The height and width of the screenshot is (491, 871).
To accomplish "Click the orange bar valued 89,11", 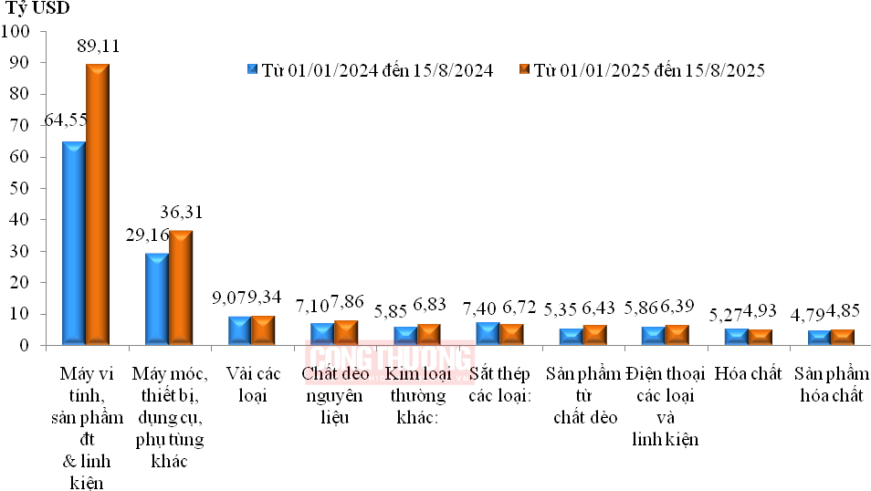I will [x=98, y=204].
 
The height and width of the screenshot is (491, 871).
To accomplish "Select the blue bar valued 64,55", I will [x=74, y=244].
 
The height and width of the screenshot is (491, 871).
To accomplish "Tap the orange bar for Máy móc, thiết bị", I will [x=181, y=288].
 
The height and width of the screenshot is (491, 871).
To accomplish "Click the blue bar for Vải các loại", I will [x=239, y=331].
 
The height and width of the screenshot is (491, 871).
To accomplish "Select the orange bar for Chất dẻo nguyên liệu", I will [x=346, y=333].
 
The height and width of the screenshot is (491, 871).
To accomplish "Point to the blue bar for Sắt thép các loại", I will [x=488, y=334].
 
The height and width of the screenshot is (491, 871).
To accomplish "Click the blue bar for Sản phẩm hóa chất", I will [x=819, y=338].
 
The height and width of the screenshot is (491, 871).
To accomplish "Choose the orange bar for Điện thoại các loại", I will [x=677, y=335].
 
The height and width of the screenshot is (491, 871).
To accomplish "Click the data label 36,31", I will [x=181, y=213].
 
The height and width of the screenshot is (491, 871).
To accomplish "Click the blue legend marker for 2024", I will [x=253, y=70].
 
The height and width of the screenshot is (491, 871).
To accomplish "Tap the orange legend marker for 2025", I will [x=524, y=70].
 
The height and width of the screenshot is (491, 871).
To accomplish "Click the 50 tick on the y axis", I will [x=20, y=189].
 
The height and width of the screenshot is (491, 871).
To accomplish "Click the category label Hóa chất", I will [x=749, y=374].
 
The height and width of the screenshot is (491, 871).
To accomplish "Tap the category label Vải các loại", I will [x=251, y=385].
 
